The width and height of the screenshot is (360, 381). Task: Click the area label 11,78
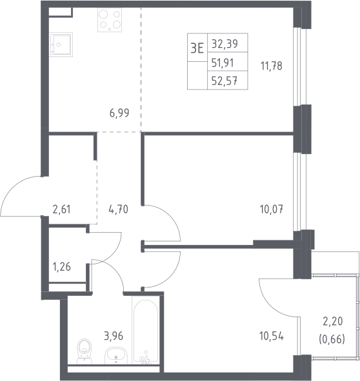coord(272,66)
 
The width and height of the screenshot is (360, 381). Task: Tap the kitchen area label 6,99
coord(119,113)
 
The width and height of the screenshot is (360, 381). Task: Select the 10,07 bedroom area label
coord(272,210)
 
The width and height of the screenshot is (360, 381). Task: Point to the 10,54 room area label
coord(272,337)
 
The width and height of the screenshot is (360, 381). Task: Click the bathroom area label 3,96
coord(114,336)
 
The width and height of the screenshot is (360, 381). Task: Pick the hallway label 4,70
coord(118,210)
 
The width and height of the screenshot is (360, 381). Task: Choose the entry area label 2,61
coord(61,210)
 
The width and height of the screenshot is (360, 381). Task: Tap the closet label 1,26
coord(61,267)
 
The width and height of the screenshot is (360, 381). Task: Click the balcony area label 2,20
coord(332,321)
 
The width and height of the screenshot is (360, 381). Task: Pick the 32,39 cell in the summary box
coord(225,44)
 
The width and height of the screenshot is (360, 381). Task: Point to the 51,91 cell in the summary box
coord(223,63)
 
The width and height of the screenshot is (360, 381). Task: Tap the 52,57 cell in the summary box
coord(225,81)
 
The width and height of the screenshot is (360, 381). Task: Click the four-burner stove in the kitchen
coord(110,20)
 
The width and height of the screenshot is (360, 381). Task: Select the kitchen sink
coord(61,44)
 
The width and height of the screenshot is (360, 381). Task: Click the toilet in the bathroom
coord(85,351)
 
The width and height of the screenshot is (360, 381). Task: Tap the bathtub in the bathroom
coord(145,331)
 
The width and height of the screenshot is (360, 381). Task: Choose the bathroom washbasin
coord(116,355)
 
